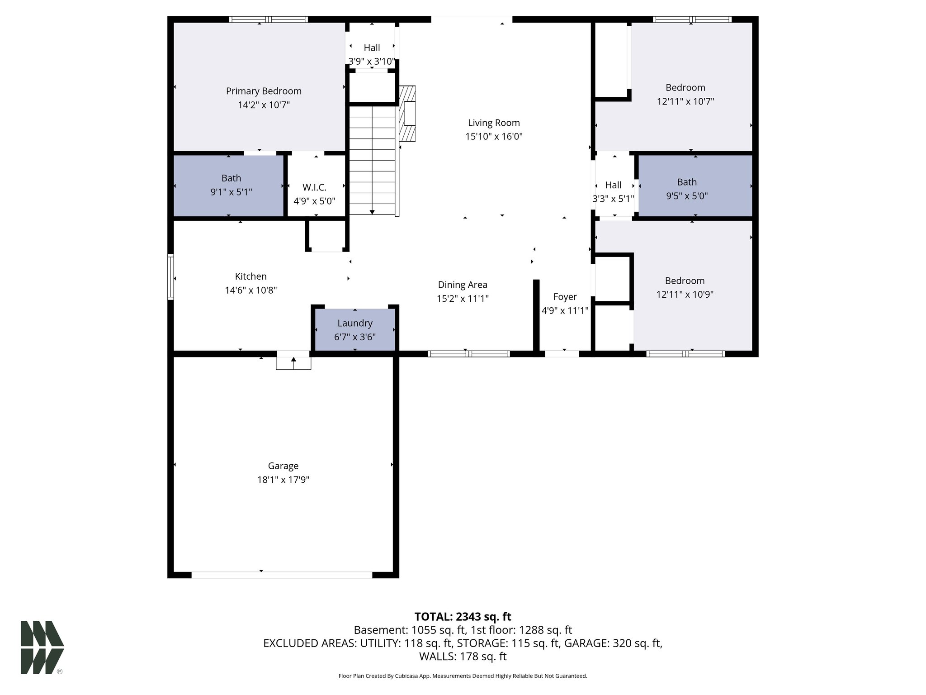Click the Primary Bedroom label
tap(264, 91)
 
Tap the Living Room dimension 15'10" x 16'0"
tap(494, 137)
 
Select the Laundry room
tap(355, 330)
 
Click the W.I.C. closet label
tap(314, 187)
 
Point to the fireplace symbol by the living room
tap(407, 114)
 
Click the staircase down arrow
tap(372, 211)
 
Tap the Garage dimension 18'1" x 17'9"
tap(283, 480)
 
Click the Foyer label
tap(565, 297)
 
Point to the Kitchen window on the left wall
tap(170, 277)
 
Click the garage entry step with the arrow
tap(293, 362)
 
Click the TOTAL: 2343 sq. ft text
tap(463, 617)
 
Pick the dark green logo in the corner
tap(42, 647)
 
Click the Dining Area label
tap(463, 285)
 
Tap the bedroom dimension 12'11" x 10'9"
tap(685, 295)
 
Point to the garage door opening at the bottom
tap(282, 575)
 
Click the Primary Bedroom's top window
tap(269, 19)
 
